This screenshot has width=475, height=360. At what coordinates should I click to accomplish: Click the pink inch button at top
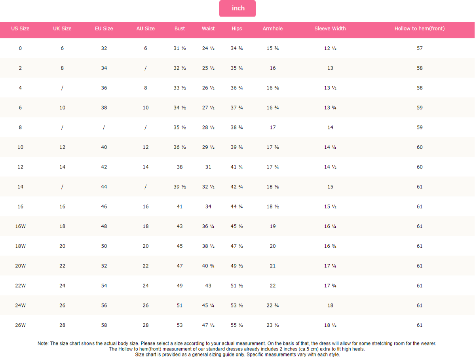[x=238, y=8]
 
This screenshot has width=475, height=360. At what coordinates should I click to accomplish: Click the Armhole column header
[x=273, y=28]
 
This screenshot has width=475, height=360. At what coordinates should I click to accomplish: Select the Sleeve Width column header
[x=330, y=28]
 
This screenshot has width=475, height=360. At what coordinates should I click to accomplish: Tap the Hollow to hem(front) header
[x=420, y=28]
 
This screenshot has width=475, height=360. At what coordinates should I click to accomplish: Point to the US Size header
[x=20, y=28]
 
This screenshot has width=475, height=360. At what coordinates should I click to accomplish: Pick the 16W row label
[x=20, y=226]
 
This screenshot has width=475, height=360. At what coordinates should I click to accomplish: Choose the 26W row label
[x=20, y=325]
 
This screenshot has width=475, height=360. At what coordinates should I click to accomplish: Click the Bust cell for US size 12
[x=180, y=167]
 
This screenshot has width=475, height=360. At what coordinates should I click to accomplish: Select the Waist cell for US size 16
[x=208, y=207]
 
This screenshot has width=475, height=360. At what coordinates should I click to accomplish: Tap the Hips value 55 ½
[x=237, y=325]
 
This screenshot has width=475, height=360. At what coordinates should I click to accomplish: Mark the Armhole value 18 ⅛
[x=273, y=187]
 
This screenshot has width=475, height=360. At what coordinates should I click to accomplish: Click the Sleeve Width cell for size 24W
[x=330, y=305]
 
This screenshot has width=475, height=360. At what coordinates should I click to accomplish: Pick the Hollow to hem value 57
[x=420, y=48]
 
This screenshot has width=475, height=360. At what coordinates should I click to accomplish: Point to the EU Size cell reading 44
[x=104, y=187]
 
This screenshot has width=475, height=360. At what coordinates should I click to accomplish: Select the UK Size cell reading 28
[x=62, y=325]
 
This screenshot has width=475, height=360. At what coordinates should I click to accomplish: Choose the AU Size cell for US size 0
[x=146, y=48]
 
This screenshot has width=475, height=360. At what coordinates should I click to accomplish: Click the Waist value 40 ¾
[x=208, y=266]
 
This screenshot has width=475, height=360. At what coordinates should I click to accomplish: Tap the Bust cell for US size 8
[x=180, y=127]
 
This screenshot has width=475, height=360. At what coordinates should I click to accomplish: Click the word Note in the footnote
[x=43, y=343]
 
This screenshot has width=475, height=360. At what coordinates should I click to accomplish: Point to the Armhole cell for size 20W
[x=273, y=266]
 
